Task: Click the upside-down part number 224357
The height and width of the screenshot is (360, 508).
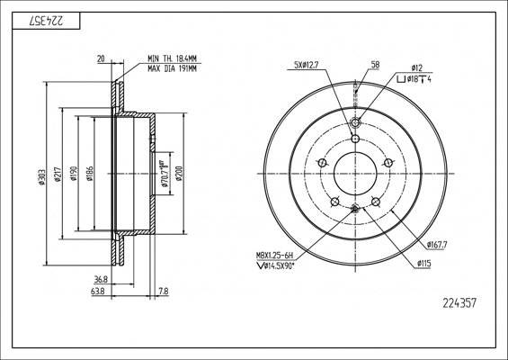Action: (x=46, y=21)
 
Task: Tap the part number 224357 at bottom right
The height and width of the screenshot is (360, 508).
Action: (x=459, y=303)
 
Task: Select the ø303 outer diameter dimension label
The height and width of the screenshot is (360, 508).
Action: (x=41, y=177)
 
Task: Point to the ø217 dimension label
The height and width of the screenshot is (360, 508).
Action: (x=58, y=175)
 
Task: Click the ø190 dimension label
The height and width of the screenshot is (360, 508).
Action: (x=74, y=173)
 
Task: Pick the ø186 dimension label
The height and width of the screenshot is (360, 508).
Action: (x=90, y=173)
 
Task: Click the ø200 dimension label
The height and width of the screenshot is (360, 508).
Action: (x=179, y=173)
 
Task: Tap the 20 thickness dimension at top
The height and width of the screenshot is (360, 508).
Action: (x=101, y=58)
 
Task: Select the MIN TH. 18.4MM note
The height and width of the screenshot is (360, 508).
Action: (x=173, y=58)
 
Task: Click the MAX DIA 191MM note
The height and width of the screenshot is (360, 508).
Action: (x=173, y=68)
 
